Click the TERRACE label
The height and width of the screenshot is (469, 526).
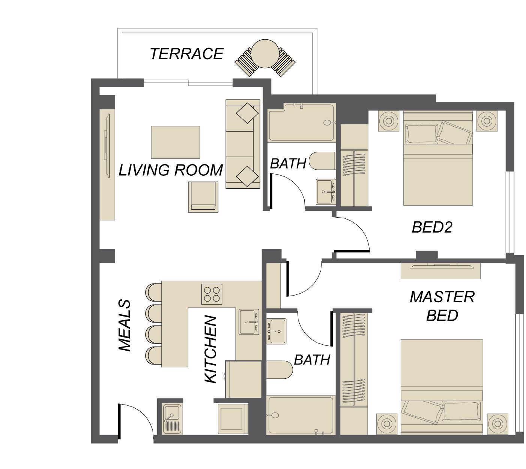186,54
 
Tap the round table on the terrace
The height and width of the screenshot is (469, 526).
265,54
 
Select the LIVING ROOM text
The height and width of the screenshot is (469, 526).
171,170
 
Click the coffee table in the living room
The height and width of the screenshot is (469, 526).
175,142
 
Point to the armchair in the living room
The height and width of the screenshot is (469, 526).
203,197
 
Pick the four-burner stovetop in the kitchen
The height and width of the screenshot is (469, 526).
212,294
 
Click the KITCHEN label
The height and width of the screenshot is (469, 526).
210,349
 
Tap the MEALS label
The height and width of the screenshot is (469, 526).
124,326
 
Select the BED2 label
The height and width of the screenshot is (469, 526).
432,227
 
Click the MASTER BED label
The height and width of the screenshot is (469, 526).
442,306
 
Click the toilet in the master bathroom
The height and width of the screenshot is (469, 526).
280,370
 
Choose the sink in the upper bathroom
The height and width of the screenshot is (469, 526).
326,192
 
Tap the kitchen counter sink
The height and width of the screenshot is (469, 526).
249,322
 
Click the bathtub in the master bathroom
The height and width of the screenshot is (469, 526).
301,415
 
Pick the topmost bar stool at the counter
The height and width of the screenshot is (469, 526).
153,292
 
